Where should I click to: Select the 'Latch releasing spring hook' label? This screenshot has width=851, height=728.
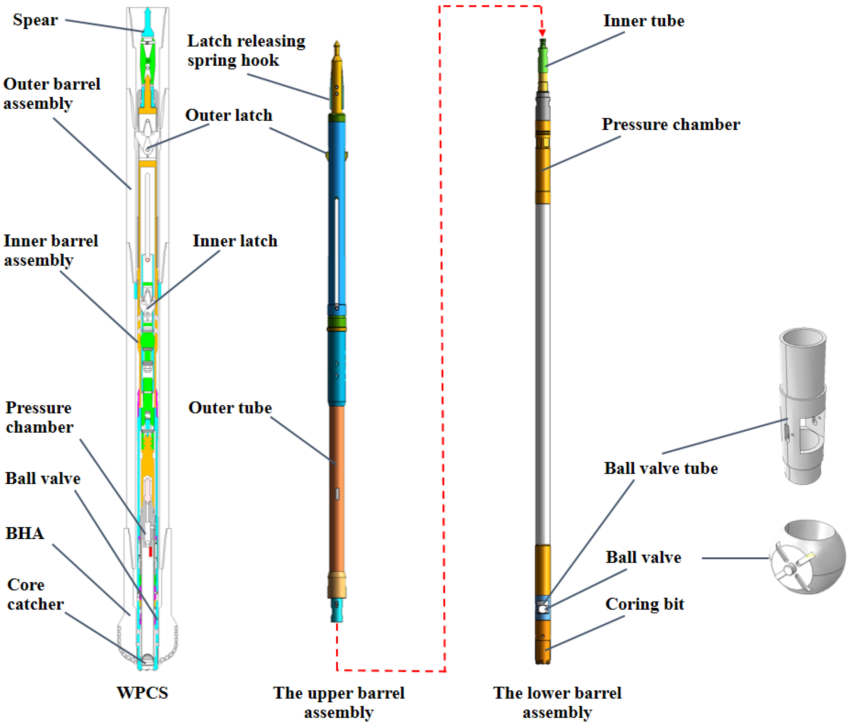click(246, 50)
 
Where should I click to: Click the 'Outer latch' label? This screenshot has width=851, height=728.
click(229, 115)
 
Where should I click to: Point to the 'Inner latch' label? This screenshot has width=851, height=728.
click(235, 241)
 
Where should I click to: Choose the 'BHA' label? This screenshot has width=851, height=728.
click(25, 533)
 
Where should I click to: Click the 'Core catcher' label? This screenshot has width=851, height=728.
click(35, 594)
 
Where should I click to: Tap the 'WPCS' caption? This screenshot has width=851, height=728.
click(142, 693)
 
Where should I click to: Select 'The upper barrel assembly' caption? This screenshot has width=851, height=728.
click(339, 703)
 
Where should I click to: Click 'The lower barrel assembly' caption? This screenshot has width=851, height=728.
click(557, 703)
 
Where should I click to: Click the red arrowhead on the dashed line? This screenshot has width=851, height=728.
click(542, 33)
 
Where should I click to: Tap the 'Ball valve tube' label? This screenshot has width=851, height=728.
click(661, 468)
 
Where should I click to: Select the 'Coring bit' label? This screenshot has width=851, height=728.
click(644, 604)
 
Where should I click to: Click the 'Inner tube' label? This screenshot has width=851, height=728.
click(643, 21)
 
